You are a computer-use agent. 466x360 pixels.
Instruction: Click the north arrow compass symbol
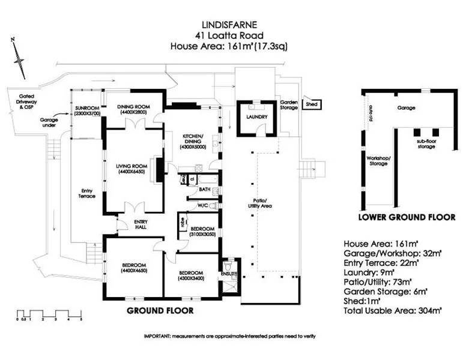coord(19,57)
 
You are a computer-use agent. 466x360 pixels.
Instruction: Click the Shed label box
coord(312,104)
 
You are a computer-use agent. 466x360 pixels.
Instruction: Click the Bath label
coord(204,189)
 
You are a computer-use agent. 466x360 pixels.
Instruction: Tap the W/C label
coord(203,205)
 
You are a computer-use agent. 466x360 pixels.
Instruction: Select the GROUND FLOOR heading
coord(160,311)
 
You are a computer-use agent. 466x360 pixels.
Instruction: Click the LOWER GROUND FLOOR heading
coord(406,217)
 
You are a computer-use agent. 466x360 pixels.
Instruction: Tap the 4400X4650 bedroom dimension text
coord(133,271)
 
